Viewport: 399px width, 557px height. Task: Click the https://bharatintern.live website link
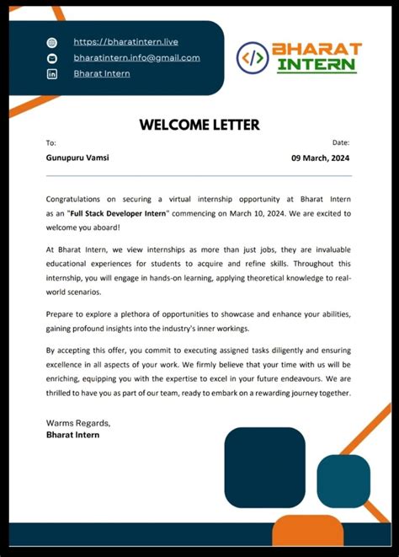(x=125, y=41)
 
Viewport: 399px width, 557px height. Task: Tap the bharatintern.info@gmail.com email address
(x=136, y=57)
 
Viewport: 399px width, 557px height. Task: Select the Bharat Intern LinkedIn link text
(x=101, y=73)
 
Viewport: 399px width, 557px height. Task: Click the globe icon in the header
(x=52, y=42)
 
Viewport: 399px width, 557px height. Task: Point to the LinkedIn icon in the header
(x=52, y=74)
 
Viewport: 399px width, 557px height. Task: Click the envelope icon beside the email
(x=52, y=58)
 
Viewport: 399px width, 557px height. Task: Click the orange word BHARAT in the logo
(x=317, y=49)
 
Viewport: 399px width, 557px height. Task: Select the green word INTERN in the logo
(x=317, y=66)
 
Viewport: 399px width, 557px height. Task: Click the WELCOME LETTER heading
(x=199, y=125)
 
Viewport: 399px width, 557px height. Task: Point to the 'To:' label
(x=51, y=143)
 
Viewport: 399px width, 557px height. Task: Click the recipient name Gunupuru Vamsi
(x=77, y=158)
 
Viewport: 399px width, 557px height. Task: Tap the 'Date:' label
(x=341, y=143)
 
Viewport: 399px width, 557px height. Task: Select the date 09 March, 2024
(x=321, y=158)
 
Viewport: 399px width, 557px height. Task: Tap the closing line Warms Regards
(x=77, y=422)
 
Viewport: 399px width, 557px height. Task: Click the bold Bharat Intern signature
(x=72, y=435)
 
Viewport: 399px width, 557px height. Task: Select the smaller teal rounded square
(x=343, y=480)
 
